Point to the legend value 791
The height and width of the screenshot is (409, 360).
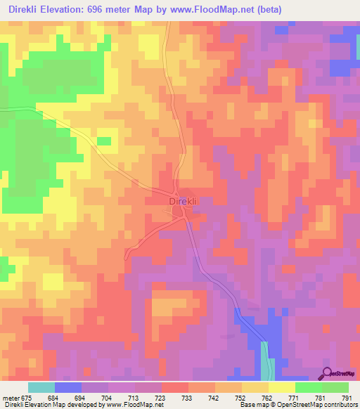(347, 397)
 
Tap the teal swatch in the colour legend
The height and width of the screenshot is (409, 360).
(41, 387)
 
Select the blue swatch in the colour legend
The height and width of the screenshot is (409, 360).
(68, 387)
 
